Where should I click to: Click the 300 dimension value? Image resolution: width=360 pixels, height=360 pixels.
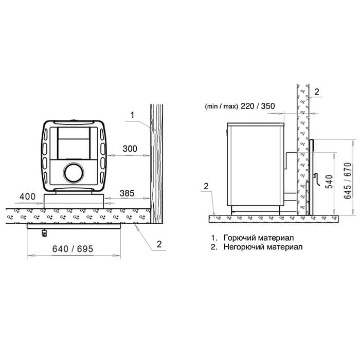130,149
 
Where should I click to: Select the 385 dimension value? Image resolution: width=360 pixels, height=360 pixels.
127,193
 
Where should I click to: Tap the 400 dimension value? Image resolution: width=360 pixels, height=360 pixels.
28,196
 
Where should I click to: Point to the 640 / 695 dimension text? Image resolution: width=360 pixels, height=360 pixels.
73,249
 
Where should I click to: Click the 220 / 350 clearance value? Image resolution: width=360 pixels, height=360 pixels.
258,106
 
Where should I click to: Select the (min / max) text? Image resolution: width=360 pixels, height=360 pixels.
221,106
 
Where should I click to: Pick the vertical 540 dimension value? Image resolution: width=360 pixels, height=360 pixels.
330,182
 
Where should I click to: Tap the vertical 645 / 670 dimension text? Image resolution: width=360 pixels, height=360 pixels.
348,181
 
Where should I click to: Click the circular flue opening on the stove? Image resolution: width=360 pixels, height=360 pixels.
74,173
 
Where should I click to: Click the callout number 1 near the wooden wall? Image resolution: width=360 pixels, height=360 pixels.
132,115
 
